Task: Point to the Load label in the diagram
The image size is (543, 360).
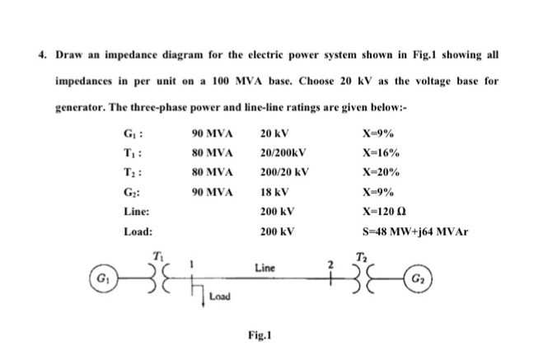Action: pyautogui.click(x=219, y=295)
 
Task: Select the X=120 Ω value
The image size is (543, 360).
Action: pyautogui.click(x=381, y=212)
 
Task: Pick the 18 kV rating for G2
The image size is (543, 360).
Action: pyautogui.click(x=271, y=192)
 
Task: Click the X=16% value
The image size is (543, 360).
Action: pyautogui.click(x=381, y=152)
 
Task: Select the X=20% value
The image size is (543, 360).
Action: pyautogui.click(x=381, y=172)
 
